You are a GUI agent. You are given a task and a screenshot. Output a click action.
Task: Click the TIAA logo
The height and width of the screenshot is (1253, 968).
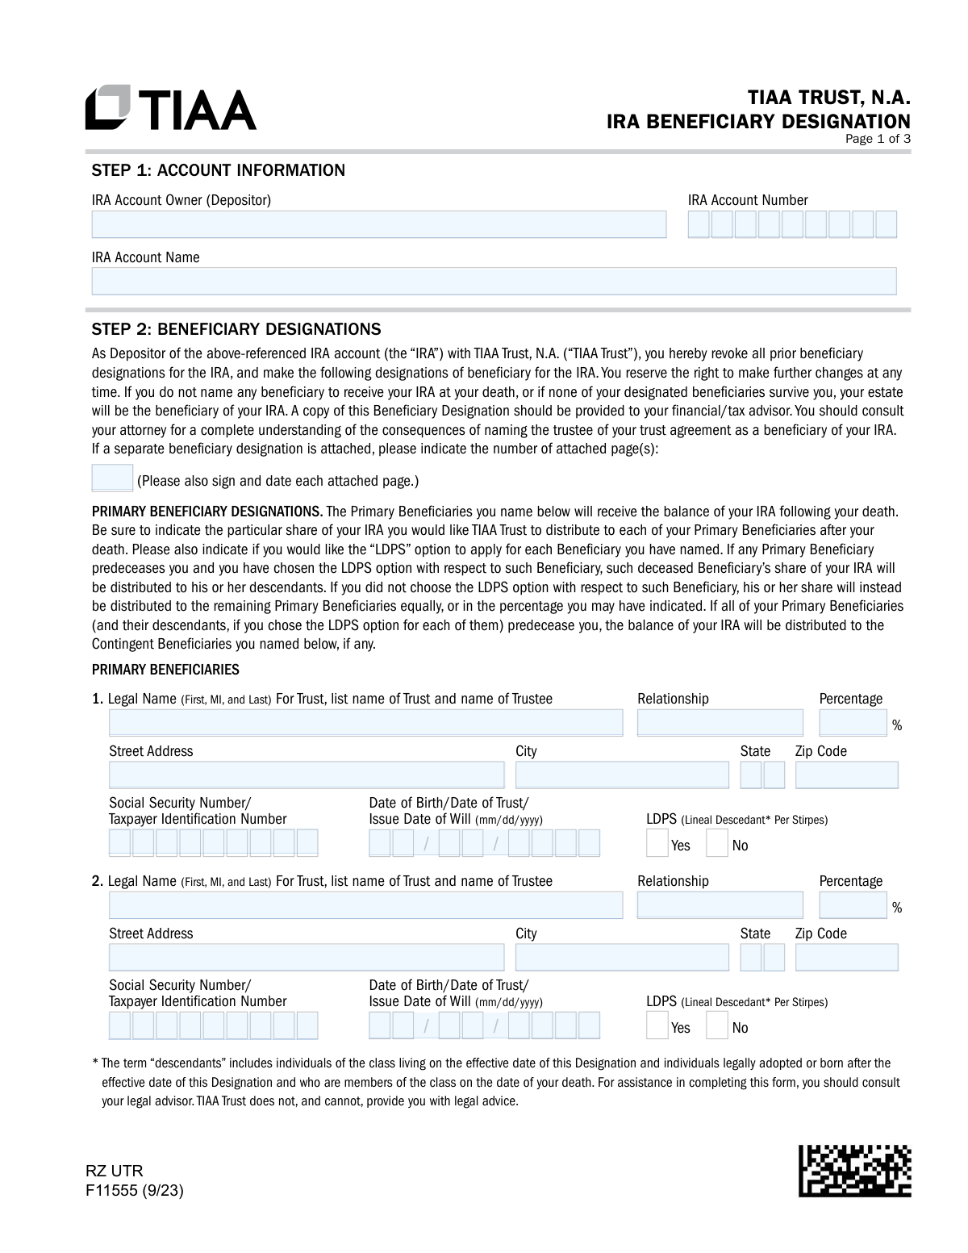coord(171,108)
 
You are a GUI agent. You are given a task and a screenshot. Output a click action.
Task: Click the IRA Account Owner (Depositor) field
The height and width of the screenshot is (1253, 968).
coord(379,224)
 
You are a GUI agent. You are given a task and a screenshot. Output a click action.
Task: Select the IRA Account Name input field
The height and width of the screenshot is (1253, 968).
coord(494,281)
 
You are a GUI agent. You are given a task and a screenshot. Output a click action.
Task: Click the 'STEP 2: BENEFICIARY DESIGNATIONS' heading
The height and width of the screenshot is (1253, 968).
coord(236,329)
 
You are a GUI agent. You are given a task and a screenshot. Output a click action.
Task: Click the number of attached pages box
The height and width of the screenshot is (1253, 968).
coord(112,478)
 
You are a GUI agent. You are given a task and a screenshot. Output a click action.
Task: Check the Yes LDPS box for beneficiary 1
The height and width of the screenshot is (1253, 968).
coord(657,843)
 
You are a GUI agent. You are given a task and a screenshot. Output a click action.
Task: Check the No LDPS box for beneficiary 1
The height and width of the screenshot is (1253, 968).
coord(716,843)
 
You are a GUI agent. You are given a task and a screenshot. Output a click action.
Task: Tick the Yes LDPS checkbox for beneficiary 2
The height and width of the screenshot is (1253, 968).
coord(657,1025)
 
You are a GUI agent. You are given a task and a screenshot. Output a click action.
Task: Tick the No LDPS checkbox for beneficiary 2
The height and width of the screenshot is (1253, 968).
coord(716,1025)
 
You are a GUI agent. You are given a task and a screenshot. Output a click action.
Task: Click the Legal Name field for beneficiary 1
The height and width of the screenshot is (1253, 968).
coord(366,723)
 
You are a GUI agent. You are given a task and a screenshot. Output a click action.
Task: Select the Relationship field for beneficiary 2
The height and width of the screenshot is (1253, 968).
coord(720,905)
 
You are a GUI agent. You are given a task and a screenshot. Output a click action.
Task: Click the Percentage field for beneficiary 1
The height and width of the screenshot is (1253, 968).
coord(853,723)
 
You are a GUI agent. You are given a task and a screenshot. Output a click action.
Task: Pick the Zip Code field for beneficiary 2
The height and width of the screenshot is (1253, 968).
coord(846,958)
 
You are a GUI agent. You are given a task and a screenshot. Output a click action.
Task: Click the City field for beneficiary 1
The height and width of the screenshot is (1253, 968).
coord(621,775)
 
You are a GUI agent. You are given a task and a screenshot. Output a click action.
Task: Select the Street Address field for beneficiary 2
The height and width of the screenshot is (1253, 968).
coord(307,958)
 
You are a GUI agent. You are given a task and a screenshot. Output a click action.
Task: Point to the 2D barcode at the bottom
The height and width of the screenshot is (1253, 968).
coord(855,1170)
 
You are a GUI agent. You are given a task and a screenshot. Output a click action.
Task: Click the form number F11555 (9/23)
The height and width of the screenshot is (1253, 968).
coord(135,1190)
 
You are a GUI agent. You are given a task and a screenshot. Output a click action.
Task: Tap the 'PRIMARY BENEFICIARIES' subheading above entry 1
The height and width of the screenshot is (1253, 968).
coord(165,670)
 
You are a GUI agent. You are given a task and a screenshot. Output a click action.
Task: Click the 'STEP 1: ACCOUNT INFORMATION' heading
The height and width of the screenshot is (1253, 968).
coord(219,170)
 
